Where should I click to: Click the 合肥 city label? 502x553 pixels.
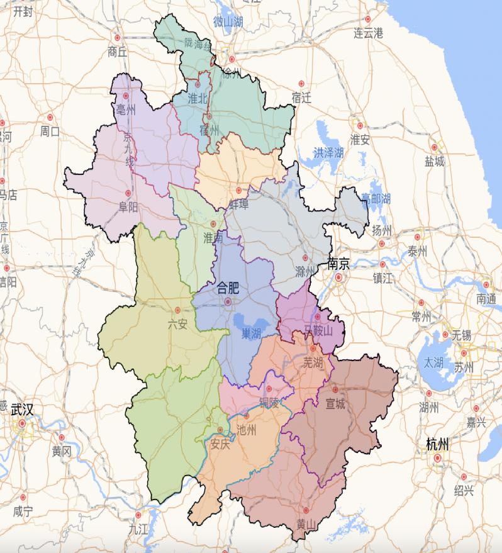click(228, 289)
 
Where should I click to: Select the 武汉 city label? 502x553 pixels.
click(22, 409)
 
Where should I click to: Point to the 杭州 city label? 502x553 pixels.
click(437, 445)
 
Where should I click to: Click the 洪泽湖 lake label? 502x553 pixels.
click(328, 153)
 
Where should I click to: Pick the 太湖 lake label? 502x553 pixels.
click(433, 362)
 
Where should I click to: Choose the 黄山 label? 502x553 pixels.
click(306, 525)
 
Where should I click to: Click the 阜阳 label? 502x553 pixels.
click(128, 208)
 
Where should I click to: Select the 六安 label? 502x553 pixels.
click(177, 325)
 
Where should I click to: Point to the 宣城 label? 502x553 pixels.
click(335, 404)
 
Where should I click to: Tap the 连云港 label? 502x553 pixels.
click(368, 33)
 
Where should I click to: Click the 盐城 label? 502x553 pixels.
click(434, 162)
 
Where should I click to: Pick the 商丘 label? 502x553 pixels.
click(118, 52)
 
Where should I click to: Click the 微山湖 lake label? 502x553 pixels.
click(228, 22)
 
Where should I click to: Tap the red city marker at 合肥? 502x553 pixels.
click(228, 302)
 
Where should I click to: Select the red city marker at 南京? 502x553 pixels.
click(338, 276)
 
